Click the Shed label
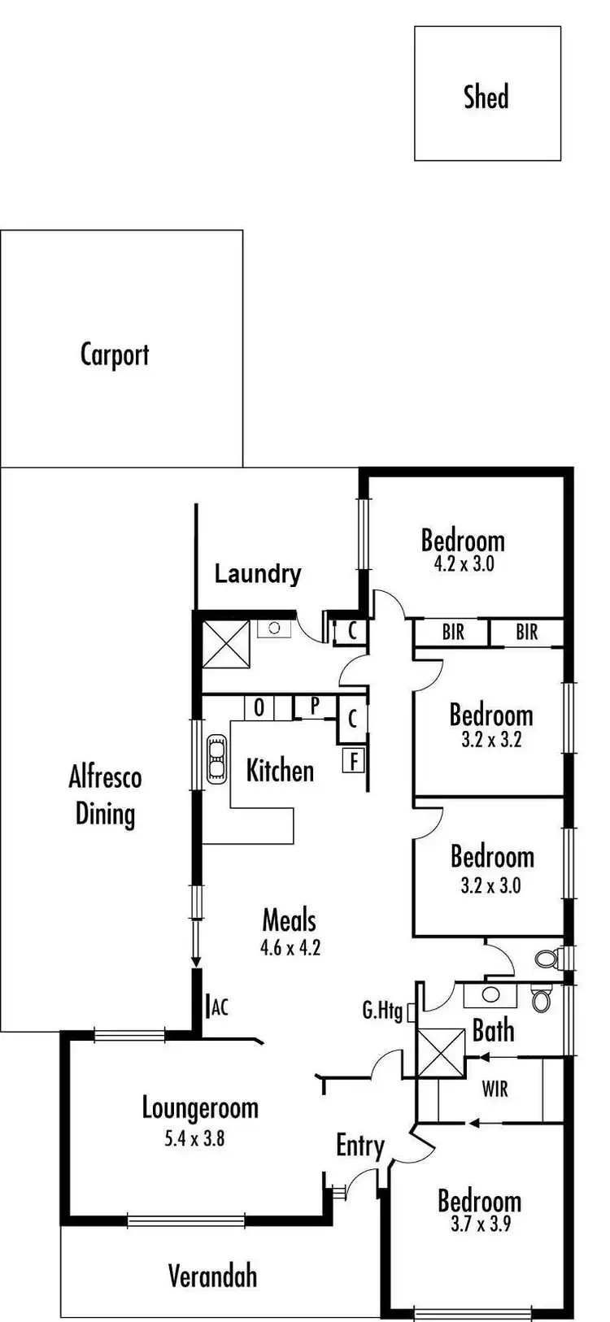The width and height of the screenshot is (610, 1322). pyautogui.click(x=486, y=96)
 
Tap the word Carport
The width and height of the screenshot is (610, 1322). pyautogui.click(x=115, y=354)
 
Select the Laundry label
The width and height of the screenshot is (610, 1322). pyautogui.click(x=257, y=574)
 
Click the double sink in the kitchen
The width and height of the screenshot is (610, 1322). pyautogui.click(x=217, y=759)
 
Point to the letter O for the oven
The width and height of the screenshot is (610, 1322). pyautogui.click(x=259, y=707)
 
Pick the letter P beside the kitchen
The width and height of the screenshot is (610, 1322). pyautogui.click(x=314, y=706)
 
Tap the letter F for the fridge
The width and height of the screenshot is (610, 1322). pyautogui.click(x=354, y=761)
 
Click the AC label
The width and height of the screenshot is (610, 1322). pyautogui.click(x=219, y=1008)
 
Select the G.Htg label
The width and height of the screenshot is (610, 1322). pyautogui.click(x=382, y=1011)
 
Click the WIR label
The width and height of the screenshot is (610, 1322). pyautogui.click(x=495, y=1089)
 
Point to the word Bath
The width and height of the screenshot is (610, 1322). pyautogui.click(x=493, y=1031)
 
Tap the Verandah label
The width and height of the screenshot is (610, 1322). pyautogui.click(x=212, y=1276)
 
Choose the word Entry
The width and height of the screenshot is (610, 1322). pyautogui.click(x=360, y=1146)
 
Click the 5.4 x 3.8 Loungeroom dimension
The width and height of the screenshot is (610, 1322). pyautogui.click(x=194, y=1138)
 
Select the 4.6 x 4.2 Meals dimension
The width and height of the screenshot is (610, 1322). pyautogui.click(x=290, y=946)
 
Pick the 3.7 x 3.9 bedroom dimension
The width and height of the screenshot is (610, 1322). pyautogui.click(x=480, y=1223)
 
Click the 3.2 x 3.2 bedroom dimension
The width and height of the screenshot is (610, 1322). pyautogui.click(x=491, y=740)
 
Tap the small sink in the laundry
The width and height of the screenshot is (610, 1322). pyautogui.click(x=274, y=628)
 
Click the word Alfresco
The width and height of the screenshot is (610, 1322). pyautogui.click(x=105, y=777)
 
